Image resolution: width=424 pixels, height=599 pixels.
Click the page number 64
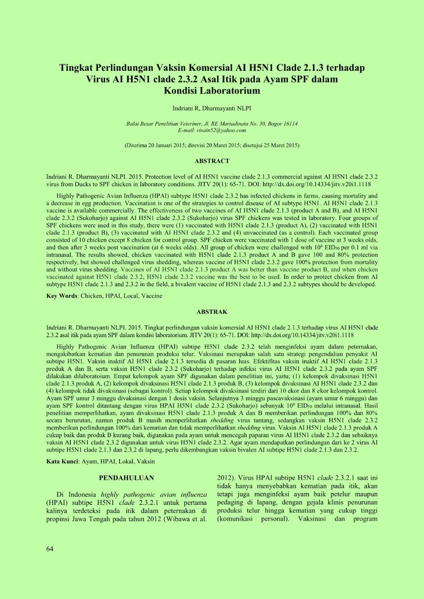click(x=50, y=549)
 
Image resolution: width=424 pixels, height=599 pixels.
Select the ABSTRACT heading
click(x=212, y=161)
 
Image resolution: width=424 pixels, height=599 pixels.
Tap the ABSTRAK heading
click(x=212, y=312)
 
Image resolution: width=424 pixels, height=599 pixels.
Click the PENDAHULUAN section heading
click(x=126, y=478)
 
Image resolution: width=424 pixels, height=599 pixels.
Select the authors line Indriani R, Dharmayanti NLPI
click(x=212, y=108)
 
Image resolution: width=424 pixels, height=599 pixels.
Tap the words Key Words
click(x=62, y=296)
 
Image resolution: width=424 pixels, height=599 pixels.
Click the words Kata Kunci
click(x=62, y=462)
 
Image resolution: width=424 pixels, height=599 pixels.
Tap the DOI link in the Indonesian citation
click(x=302, y=335)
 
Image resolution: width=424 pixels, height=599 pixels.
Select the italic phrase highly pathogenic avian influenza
click(x=154, y=494)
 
